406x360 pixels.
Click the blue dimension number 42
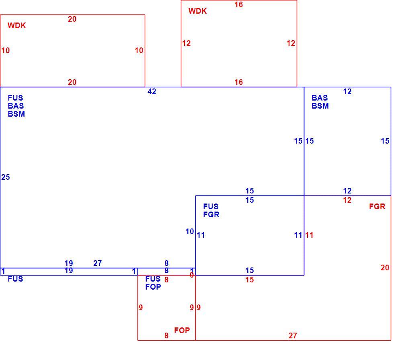click(x=152, y=91)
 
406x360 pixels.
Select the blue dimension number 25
click(x=6, y=177)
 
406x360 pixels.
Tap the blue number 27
click(x=98, y=263)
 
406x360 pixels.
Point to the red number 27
click(x=293, y=335)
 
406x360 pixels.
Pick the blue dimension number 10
click(x=190, y=231)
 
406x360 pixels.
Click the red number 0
click(x=192, y=275)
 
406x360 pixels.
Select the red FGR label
click(x=377, y=207)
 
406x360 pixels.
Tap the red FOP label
click(x=182, y=330)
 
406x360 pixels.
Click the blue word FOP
click(x=153, y=287)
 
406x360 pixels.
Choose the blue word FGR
click(x=211, y=215)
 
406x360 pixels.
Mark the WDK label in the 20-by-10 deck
click(x=17, y=25)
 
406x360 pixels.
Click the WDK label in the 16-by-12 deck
click(x=197, y=11)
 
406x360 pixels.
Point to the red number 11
click(x=310, y=235)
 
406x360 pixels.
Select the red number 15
click(x=250, y=280)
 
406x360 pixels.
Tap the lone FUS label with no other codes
click(x=16, y=279)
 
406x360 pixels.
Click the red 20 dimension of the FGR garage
click(x=385, y=267)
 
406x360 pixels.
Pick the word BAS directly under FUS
click(x=16, y=106)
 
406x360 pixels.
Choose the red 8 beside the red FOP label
click(x=166, y=335)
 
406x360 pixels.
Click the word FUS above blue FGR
click(x=211, y=207)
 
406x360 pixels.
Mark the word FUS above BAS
click(x=16, y=98)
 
